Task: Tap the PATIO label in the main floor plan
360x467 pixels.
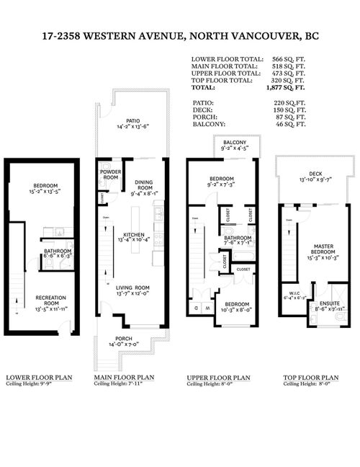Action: point(132,120)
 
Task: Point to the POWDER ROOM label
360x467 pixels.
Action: point(110,174)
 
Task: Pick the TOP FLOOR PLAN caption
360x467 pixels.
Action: point(307,377)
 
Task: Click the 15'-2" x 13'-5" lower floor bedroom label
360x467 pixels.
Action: point(44,192)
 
